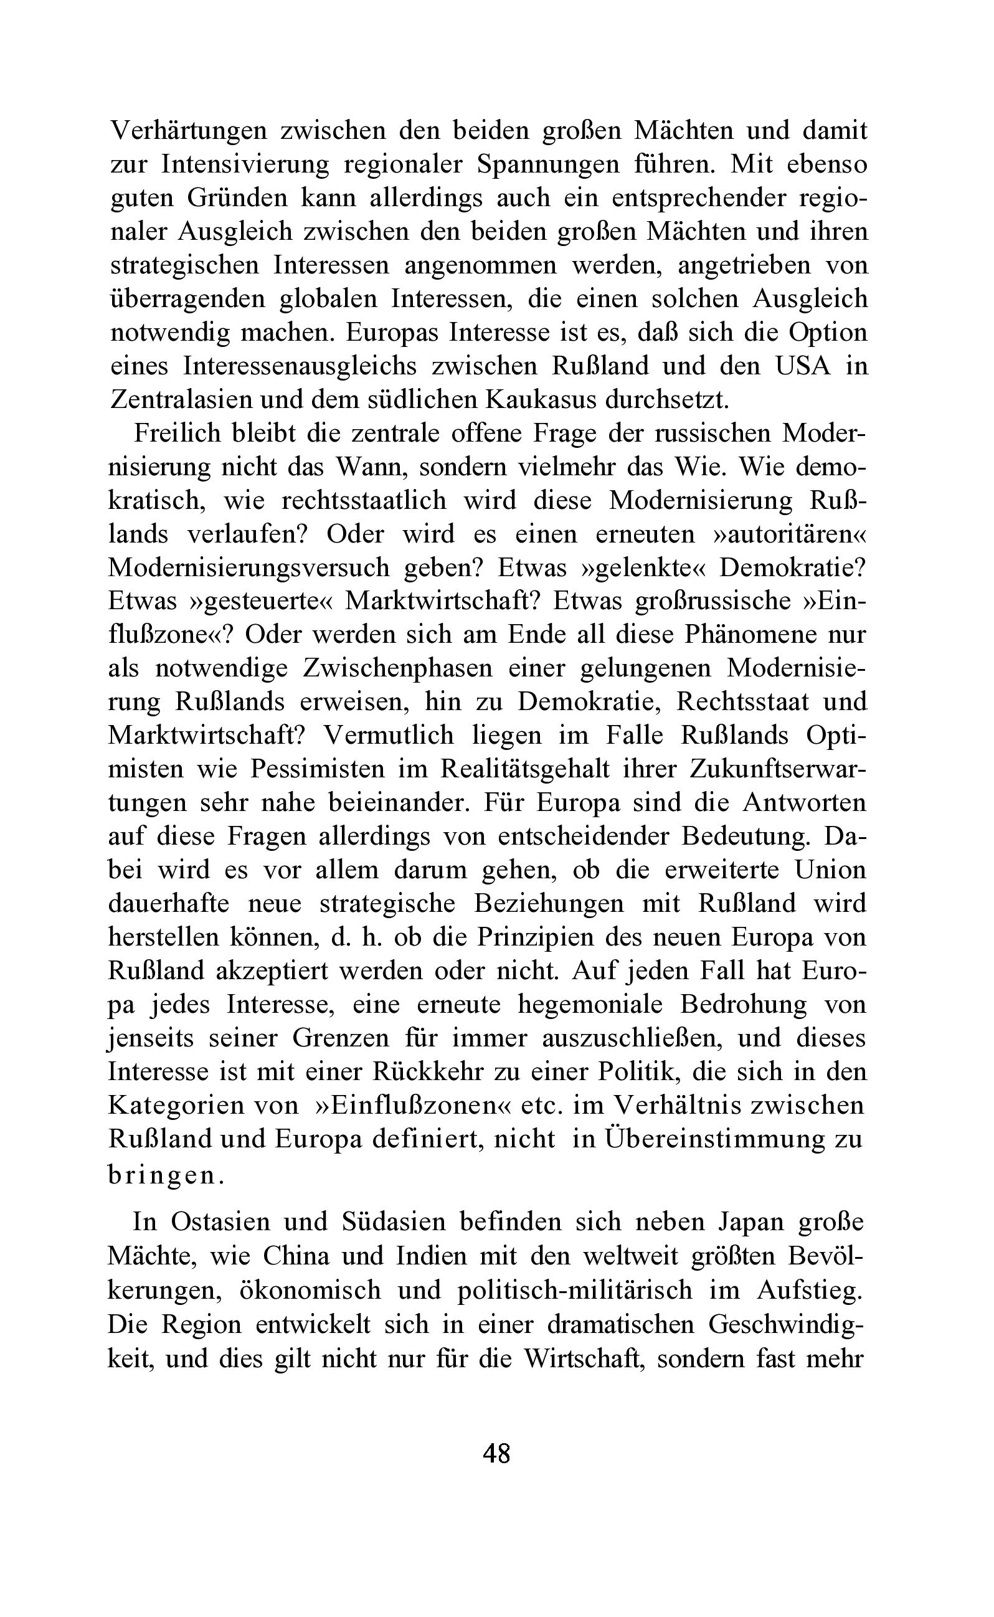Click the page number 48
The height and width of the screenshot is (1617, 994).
pyautogui.click(x=496, y=1452)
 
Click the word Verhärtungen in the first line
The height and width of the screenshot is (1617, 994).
pyautogui.click(x=189, y=130)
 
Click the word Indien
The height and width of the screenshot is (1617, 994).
pyautogui.click(x=430, y=1256)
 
